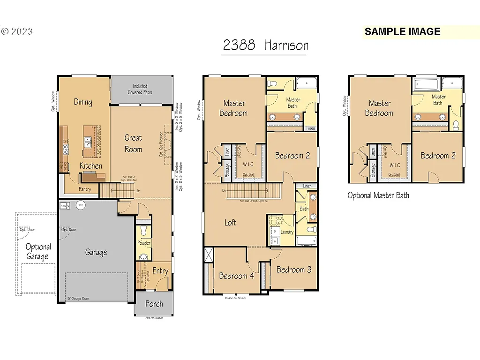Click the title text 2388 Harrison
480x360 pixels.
[265, 45]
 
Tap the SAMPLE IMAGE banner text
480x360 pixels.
[402, 32]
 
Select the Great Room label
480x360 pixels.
[133, 143]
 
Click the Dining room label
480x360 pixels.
[83, 102]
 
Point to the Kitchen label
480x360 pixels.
[90, 166]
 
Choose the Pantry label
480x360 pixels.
[85, 189]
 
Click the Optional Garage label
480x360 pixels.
[38, 252]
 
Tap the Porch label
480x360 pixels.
[154, 304]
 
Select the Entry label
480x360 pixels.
[160, 271]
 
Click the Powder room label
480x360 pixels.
[144, 243]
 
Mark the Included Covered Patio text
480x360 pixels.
[140, 89]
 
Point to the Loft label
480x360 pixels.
[230, 223]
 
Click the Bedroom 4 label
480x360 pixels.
[236, 276]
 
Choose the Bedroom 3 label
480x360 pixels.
[294, 270]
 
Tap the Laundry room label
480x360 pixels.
[286, 232]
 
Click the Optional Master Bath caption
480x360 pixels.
[378, 195]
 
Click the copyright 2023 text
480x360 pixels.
[17, 32]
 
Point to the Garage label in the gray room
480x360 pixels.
[96, 252]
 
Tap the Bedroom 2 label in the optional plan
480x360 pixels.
[438, 156]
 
